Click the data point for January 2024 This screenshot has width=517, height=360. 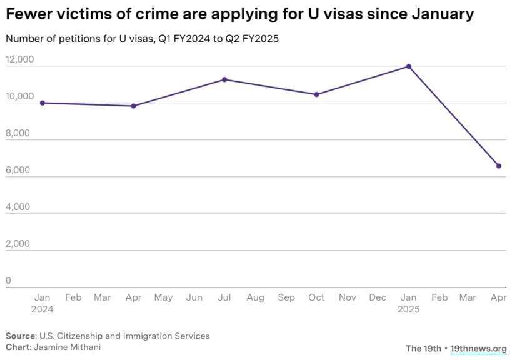click(43, 102)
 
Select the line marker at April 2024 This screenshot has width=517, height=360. click(133, 106)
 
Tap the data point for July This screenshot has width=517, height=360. click(224, 79)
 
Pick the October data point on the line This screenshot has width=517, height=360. click(316, 94)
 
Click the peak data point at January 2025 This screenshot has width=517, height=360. click(408, 66)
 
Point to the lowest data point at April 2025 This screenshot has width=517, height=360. click(499, 166)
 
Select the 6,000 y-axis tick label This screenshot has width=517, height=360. click(18, 170)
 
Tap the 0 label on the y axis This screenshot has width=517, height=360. click(8, 281)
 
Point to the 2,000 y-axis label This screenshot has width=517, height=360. click(18, 244)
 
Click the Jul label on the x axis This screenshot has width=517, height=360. click(224, 297)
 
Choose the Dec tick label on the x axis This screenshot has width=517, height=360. click(378, 297)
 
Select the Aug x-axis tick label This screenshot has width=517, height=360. click(255, 297)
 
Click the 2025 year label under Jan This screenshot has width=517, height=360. click(408, 309)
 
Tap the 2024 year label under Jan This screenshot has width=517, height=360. click(43, 309)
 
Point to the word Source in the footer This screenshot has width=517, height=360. click(20, 336)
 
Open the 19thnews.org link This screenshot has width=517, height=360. click(478, 349)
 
